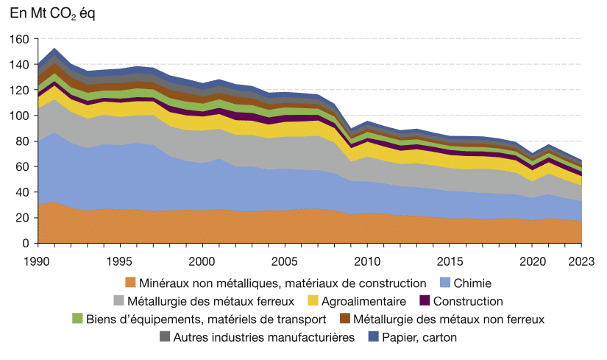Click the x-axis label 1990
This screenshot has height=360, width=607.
click(38, 260)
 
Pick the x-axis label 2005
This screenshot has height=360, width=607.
click(284, 260)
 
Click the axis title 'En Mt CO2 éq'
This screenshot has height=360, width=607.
click(52, 15)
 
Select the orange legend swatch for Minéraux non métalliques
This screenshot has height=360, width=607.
click(131, 282)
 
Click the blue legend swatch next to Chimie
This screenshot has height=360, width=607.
click(444, 282)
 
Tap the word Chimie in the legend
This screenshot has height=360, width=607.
click(473, 282)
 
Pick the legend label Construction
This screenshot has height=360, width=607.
click(468, 300)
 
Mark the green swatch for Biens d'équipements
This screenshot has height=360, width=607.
click(77, 319)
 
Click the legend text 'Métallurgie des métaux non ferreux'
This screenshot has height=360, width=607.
click(448, 319)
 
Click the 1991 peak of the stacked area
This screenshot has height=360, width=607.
click(54, 49)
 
